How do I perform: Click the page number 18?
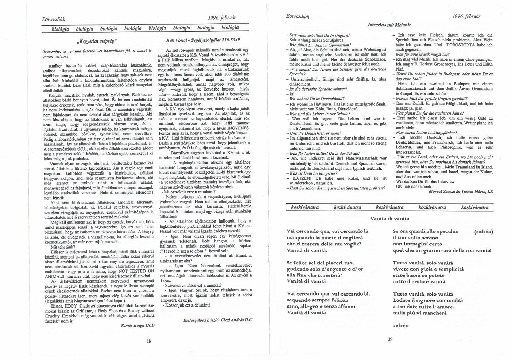(x=149, y=341)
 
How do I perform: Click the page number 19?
(x=390, y=339)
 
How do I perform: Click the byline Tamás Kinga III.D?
(x=137, y=326)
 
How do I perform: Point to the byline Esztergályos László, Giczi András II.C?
(x=218, y=319)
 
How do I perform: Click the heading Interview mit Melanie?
(x=389, y=25)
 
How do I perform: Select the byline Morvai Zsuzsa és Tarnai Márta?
(x=461, y=192)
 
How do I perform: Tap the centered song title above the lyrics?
(x=390, y=218)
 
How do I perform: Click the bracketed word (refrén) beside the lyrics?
(x=483, y=231)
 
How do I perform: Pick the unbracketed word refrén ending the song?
(x=400, y=326)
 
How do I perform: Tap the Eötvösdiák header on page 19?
(x=298, y=17)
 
